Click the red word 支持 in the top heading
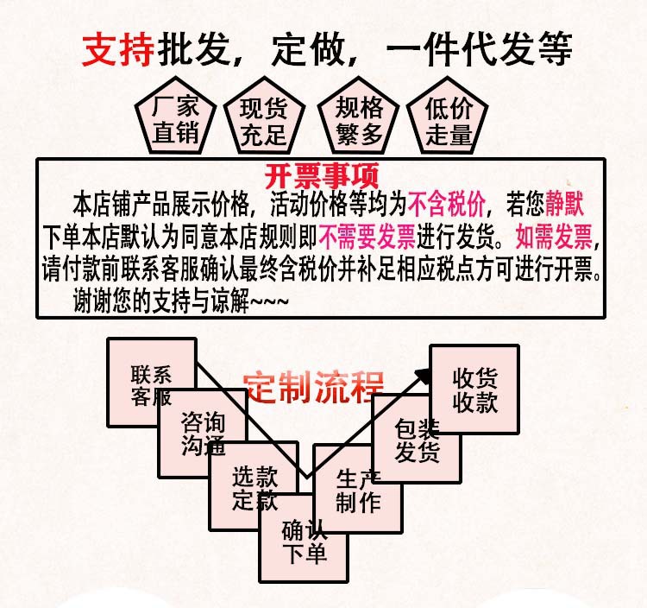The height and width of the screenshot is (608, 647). [x=118, y=50]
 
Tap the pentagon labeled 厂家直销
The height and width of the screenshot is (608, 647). [x=175, y=120]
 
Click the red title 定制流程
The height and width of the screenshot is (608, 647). [x=312, y=386]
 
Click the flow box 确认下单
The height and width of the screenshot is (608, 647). [x=305, y=541]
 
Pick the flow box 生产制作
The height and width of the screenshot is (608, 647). [x=357, y=491]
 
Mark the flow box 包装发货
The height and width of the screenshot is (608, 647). [x=417, y=440]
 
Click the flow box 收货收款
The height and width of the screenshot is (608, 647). [x=474, y=389]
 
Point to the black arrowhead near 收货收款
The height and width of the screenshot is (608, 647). [x=423, y=374]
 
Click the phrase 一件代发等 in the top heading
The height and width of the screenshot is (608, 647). [x=479, y=50]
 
